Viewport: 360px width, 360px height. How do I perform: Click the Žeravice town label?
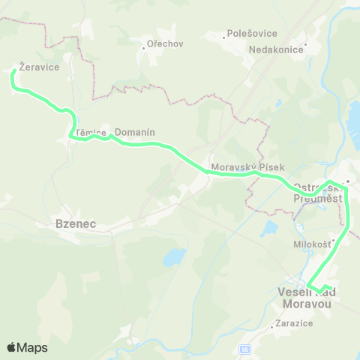tap(35, 66)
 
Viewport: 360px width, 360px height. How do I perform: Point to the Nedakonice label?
tap(276, 49)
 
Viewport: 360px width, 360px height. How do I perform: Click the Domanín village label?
tap(135, 132)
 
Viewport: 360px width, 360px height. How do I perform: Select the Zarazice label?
tap(294, 323)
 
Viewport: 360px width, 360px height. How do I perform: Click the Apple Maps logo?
tap(27, 347)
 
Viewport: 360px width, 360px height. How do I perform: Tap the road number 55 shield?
tap(244, 349)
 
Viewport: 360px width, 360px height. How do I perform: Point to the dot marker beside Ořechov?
tap(143, 48)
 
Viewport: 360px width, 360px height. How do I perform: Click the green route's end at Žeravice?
tap(13, 72)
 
